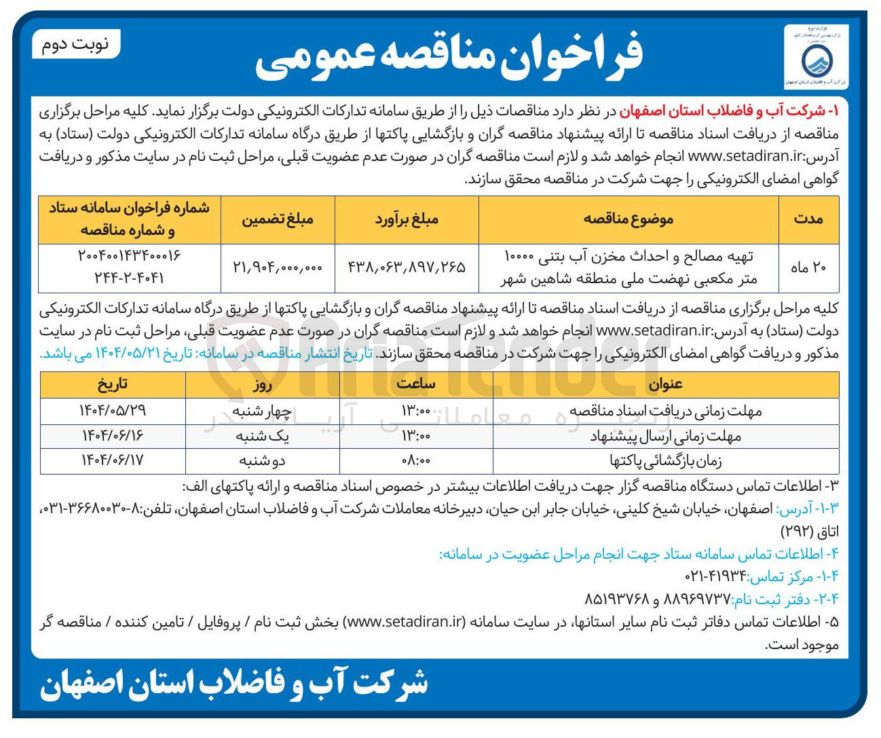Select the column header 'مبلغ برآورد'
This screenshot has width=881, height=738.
tap(407, 219)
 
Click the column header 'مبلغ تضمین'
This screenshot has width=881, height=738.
tap(278, 219)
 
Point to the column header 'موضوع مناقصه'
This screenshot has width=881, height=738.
tap(629, 219)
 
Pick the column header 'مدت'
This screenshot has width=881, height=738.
tap(808, 219)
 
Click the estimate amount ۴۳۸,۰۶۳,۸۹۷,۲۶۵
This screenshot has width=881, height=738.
tap(407, 267)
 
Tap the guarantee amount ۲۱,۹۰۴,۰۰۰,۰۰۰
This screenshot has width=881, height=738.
tap(278, 267)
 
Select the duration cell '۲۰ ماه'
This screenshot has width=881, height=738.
tap(808, 267)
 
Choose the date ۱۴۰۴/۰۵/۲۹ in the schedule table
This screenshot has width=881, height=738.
tap(113, 411)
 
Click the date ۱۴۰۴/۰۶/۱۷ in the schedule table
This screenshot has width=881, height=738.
tap(113, 460)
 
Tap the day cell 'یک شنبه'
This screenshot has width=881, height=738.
tap(263, 436)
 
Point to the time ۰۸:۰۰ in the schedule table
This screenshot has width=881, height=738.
tap(416, 460)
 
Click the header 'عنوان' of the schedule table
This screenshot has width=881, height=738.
tap(665, 384)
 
